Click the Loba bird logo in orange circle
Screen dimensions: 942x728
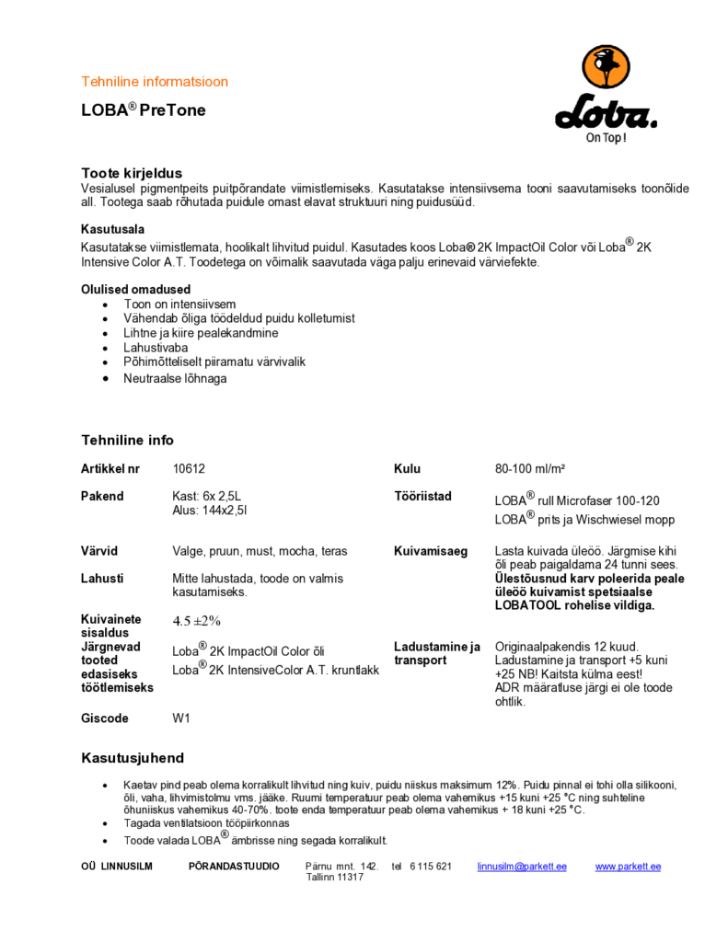click(606, 73)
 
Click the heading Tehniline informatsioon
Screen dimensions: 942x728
click(155, 82)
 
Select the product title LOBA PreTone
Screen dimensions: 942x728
click(143, 110)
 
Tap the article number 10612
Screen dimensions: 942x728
click(189, 469)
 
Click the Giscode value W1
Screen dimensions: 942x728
click(181, 718)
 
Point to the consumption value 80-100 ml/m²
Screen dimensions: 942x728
click(530, 469)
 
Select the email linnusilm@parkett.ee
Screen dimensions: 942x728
click(522, 867)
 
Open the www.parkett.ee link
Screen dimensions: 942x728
click(628, 867)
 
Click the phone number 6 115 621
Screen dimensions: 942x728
click(430, 867)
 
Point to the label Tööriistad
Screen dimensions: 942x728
click(422, 497)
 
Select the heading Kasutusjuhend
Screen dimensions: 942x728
click(133, 758)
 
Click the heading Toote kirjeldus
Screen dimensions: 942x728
click(132, 173)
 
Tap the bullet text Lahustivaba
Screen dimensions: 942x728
click(156, 348)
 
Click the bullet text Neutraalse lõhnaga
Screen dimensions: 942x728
click(175, 378)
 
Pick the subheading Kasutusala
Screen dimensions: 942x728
click(112, 229)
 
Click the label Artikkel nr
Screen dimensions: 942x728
click(110, 469)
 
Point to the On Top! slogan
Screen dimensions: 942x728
click(607, 138)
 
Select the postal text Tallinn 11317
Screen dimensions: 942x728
click(335, 878)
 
